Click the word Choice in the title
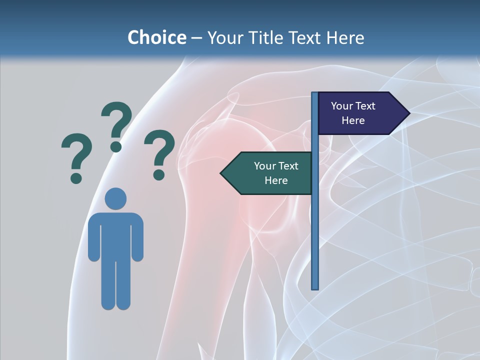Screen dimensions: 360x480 point(156,37)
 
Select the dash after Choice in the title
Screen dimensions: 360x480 point(196,38)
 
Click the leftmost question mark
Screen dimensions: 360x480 point(76,157)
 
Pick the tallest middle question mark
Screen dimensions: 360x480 point(116,126)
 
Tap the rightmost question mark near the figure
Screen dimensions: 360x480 point(159,154)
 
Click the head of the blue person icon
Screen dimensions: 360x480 point(115,198)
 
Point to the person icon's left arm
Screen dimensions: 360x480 point(93,240)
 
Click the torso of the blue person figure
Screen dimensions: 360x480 point(115,235)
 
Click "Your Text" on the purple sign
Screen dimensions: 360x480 point(353,106)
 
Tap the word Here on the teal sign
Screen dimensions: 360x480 point(275,180)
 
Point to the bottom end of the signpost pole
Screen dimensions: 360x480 point(315,287)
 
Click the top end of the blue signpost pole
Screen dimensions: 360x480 point(314,94)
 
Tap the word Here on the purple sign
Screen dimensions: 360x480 point(353,120)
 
